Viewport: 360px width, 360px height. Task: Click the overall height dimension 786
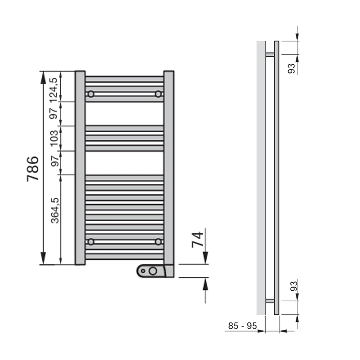33,169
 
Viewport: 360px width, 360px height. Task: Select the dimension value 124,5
53,89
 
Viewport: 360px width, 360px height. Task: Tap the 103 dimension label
53,138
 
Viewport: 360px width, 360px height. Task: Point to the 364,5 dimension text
54,210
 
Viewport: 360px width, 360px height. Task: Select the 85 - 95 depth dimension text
242,326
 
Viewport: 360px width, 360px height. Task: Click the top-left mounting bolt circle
91,94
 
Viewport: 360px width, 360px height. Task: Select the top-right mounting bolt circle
158,94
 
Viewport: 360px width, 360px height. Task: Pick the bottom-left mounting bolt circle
91,242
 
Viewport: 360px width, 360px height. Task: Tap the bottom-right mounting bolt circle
158,242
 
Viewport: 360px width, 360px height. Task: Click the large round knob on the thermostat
153,271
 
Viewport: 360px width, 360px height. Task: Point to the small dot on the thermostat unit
143,271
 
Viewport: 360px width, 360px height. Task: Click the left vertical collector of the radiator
80,168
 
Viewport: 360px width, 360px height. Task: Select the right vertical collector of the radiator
169,168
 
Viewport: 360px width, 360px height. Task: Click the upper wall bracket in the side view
270,54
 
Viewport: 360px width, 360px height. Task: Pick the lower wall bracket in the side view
270,301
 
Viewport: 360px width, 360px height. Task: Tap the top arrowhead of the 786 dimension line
43,78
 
